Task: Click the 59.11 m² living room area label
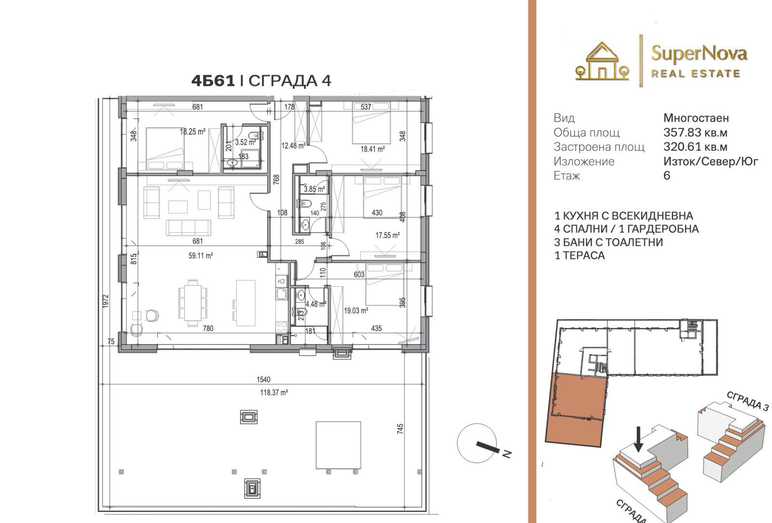click(201, 256)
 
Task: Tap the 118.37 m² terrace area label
click(274, 392)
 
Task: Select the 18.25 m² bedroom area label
click(193, 132)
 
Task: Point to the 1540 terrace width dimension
click(263, 379)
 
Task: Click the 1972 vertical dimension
click(106, 301)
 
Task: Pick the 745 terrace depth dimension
click(400, 428)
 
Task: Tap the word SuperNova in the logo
click(699, 54)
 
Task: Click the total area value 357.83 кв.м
click(695, 132)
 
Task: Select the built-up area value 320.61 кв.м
click(695, 147)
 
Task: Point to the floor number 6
click(667, 176)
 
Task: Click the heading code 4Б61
click(213, 81)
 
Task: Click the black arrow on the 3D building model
click(638, 439)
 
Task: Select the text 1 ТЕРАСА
click(579, 255)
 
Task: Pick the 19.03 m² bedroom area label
click(356, 311)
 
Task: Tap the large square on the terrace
click(338, 445)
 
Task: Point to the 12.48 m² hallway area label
click(294, 146)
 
